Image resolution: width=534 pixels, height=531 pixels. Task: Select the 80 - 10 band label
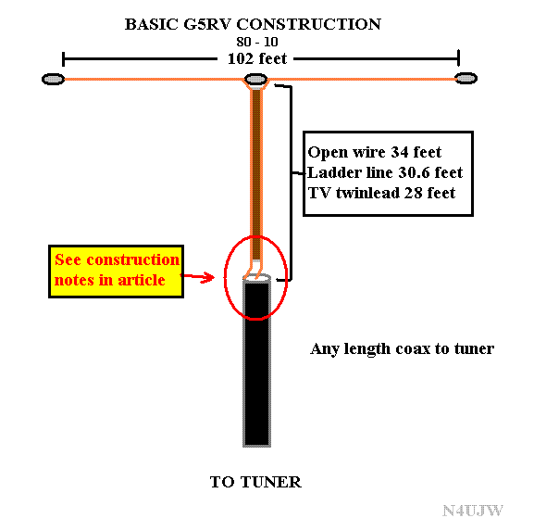coord(256,42)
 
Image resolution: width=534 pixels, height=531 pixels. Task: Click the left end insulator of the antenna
coord(53,80)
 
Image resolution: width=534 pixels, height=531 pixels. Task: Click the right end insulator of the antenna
coord(464,80)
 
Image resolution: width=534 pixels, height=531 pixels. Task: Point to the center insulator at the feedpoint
coord(257,82)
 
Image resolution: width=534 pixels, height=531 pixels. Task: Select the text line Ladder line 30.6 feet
coord(383,172)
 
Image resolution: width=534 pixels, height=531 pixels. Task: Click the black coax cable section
coord(256,371)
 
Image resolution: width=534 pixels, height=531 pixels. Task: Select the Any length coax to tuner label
coord(402,349)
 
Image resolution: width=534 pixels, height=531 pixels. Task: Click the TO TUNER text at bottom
coord(255,482)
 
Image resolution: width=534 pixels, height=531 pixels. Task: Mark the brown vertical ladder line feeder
coord(256,176)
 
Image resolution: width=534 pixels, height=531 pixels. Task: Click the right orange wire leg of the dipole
coord(361,80)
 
